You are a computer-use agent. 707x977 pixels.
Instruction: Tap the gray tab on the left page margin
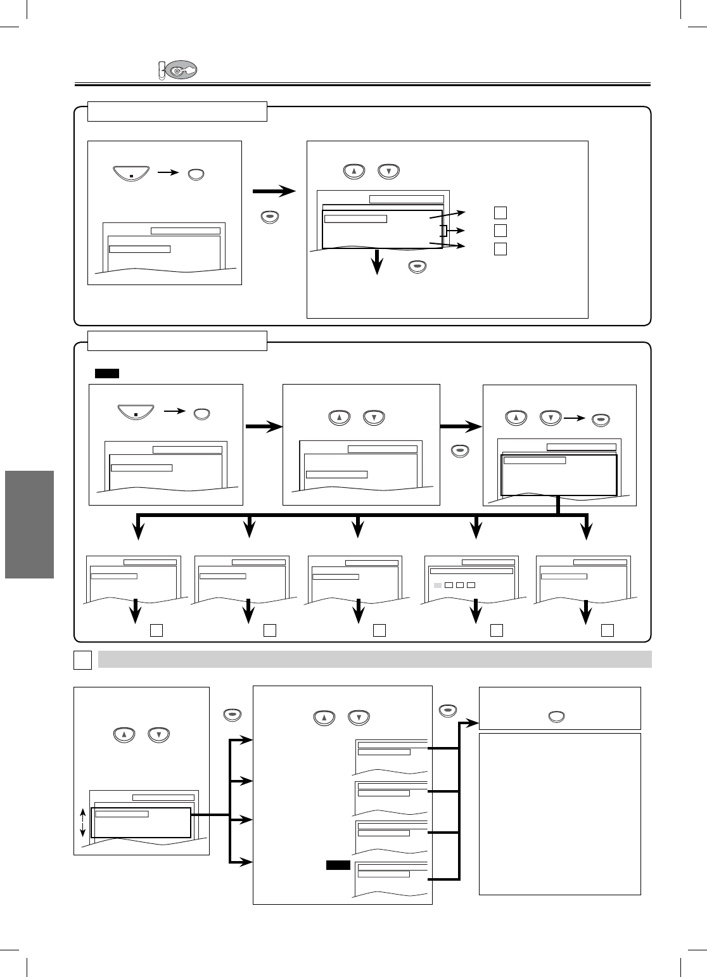tap(29, 524)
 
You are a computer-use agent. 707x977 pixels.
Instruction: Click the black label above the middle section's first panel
tap(107, 373)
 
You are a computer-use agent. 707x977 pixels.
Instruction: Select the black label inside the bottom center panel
tap(338, 865)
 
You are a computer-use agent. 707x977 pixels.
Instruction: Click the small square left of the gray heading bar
tap(83, 660)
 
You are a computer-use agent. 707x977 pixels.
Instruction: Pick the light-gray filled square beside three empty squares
tap(437, 584)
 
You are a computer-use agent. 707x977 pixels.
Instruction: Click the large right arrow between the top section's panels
tap(274, 191)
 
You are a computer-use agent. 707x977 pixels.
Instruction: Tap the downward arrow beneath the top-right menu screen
tap(378, 262)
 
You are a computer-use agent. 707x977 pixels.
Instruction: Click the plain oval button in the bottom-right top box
tap(557, 717)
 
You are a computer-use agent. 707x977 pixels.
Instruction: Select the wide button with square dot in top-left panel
tap(131, 172)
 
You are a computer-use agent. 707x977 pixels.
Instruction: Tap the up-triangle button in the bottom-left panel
tap(124, 736)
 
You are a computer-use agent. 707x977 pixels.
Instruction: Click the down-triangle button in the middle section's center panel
tap(374, 418)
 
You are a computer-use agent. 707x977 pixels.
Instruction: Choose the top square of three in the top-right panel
tap(500, 212)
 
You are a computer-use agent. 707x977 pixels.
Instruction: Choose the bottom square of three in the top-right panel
tap(500, 248)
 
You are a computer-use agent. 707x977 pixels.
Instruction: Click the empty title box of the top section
tap(177, 112)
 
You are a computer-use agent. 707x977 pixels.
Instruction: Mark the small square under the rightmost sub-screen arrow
tap(608, 630)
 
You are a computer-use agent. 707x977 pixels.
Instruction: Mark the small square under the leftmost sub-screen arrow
tap(156, 630)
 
